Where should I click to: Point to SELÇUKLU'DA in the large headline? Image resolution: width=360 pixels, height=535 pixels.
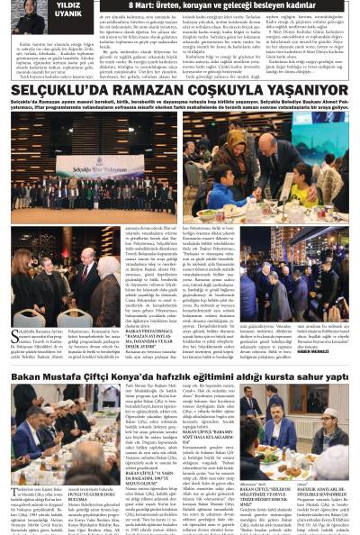point(61,91)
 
